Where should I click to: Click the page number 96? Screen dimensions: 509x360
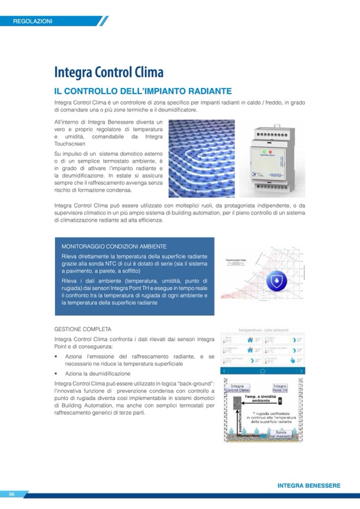pos(11,494)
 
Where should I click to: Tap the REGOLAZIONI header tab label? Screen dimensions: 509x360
pos(33,21)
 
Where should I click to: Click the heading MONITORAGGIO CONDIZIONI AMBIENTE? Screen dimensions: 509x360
pos(114,247)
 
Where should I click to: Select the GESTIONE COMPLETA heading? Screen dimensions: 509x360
pos(82,329)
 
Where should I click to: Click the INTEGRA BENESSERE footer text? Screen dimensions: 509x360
pos(308,485)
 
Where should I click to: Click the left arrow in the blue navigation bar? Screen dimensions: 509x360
pos(225,370)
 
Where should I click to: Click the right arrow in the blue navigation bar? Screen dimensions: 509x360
pos(302,370)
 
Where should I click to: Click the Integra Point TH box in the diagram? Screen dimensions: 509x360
pos(280,389)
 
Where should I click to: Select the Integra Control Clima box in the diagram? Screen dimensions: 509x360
pos(237,388)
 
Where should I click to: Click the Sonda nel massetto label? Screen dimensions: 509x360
pos(281,434)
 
